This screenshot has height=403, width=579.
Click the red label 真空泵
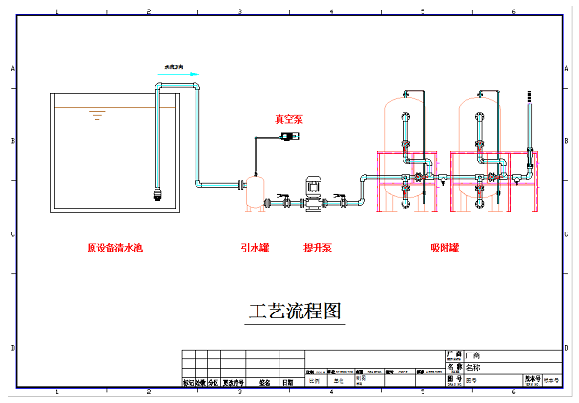coord(288,120)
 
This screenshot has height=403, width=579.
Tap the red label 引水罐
coord(255,248)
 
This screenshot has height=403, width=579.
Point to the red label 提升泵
coord(318,248)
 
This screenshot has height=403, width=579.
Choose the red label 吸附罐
coord(444,248)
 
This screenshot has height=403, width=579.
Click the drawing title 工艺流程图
coord(294,311)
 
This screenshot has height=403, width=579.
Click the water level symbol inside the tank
coord(95,115)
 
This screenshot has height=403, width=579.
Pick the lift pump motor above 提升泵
coord(313,187)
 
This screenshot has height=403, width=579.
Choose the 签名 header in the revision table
coord(265,384)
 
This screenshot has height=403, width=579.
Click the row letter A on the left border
coord(13,69)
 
